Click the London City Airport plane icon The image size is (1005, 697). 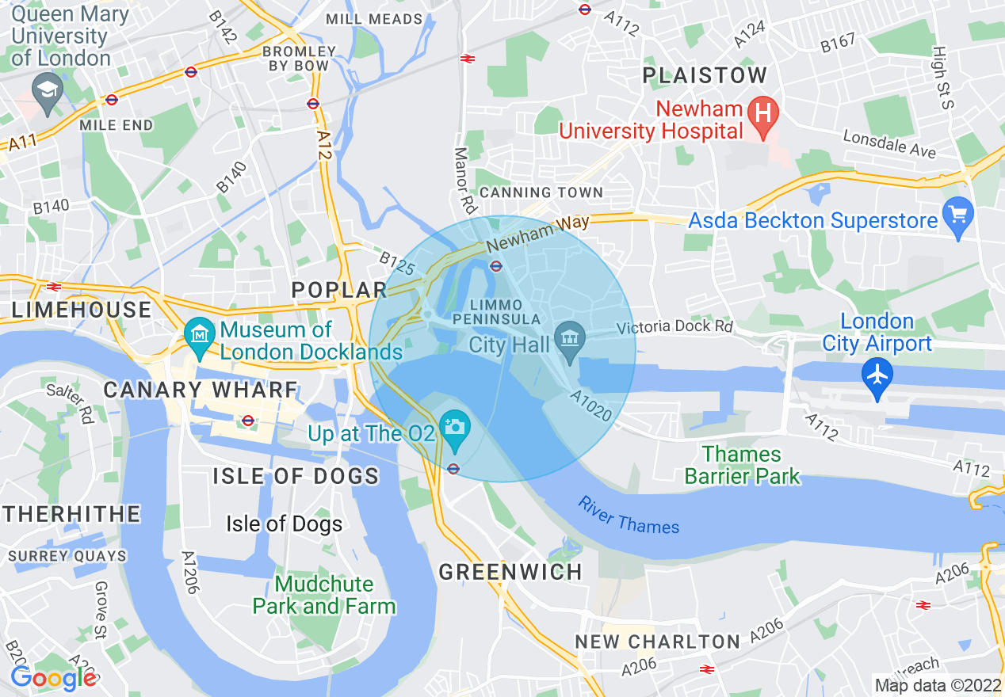(877, 373)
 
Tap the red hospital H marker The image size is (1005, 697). (763, 111)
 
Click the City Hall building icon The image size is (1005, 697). (570, 340)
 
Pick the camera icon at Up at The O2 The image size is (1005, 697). (455, 428)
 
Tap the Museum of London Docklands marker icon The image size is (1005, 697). (198, 334)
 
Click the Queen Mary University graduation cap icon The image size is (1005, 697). (48, 87)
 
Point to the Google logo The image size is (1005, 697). (53, 678)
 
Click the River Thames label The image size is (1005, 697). (629, 515)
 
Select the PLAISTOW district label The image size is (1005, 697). (705, 76)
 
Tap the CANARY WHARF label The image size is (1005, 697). (201, 390)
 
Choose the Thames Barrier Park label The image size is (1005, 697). (743, 465)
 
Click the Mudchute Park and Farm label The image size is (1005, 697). (324, 596)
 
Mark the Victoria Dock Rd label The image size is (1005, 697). (674, 326)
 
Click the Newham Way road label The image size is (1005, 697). (538, 234)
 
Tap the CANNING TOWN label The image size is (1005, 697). (541, 192)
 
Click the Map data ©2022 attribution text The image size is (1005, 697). (938, 685)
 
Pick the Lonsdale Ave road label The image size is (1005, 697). (889, 143)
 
